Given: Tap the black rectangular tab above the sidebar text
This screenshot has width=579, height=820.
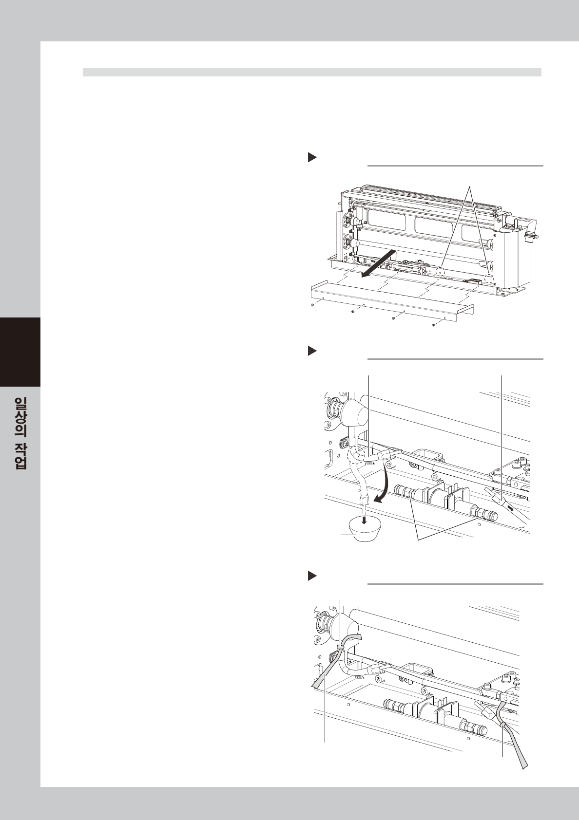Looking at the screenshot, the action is coord(20,352).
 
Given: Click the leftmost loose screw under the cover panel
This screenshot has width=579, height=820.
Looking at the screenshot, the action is coord(312,305).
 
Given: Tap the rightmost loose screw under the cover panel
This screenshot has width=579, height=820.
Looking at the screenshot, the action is coord(434,325).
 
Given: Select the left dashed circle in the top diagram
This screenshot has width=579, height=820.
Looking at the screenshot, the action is coord(441,272).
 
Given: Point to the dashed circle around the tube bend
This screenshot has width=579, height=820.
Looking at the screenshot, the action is coord(356,456).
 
